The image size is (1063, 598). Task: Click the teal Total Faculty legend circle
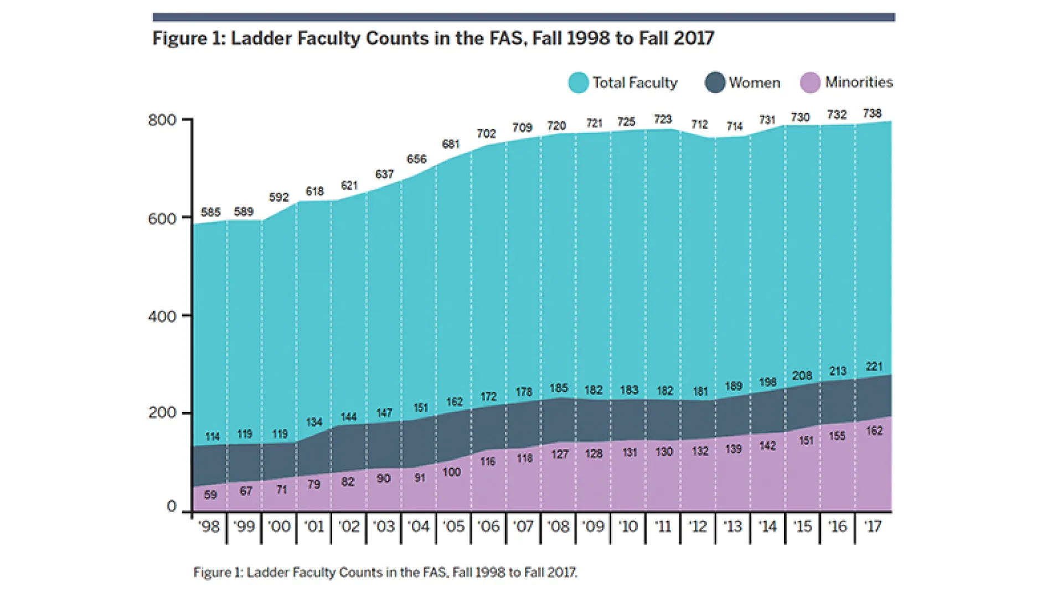pos(578,83)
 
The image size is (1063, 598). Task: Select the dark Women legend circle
pos(715,83)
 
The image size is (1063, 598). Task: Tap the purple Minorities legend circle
pos(810,83)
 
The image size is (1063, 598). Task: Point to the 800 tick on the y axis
pos(162,120)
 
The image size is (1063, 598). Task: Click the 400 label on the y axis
pos(162,316)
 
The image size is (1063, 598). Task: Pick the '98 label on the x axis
pos(209,526)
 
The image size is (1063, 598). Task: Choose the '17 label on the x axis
pos(873,526)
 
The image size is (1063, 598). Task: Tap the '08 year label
pos(558,526)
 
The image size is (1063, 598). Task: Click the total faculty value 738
pos(872,114)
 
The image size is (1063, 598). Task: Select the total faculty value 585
pos(210,212)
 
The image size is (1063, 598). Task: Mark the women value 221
pos(874,367)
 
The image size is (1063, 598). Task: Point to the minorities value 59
pos(210,494)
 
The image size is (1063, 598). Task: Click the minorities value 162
pos(874,431)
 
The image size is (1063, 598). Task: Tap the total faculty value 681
pos(451,145)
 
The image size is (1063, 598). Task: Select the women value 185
pos(559,388)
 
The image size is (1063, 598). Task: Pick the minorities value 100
pos(452,472)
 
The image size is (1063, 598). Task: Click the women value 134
pos(314,422)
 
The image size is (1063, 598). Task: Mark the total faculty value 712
pos(699,125)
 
